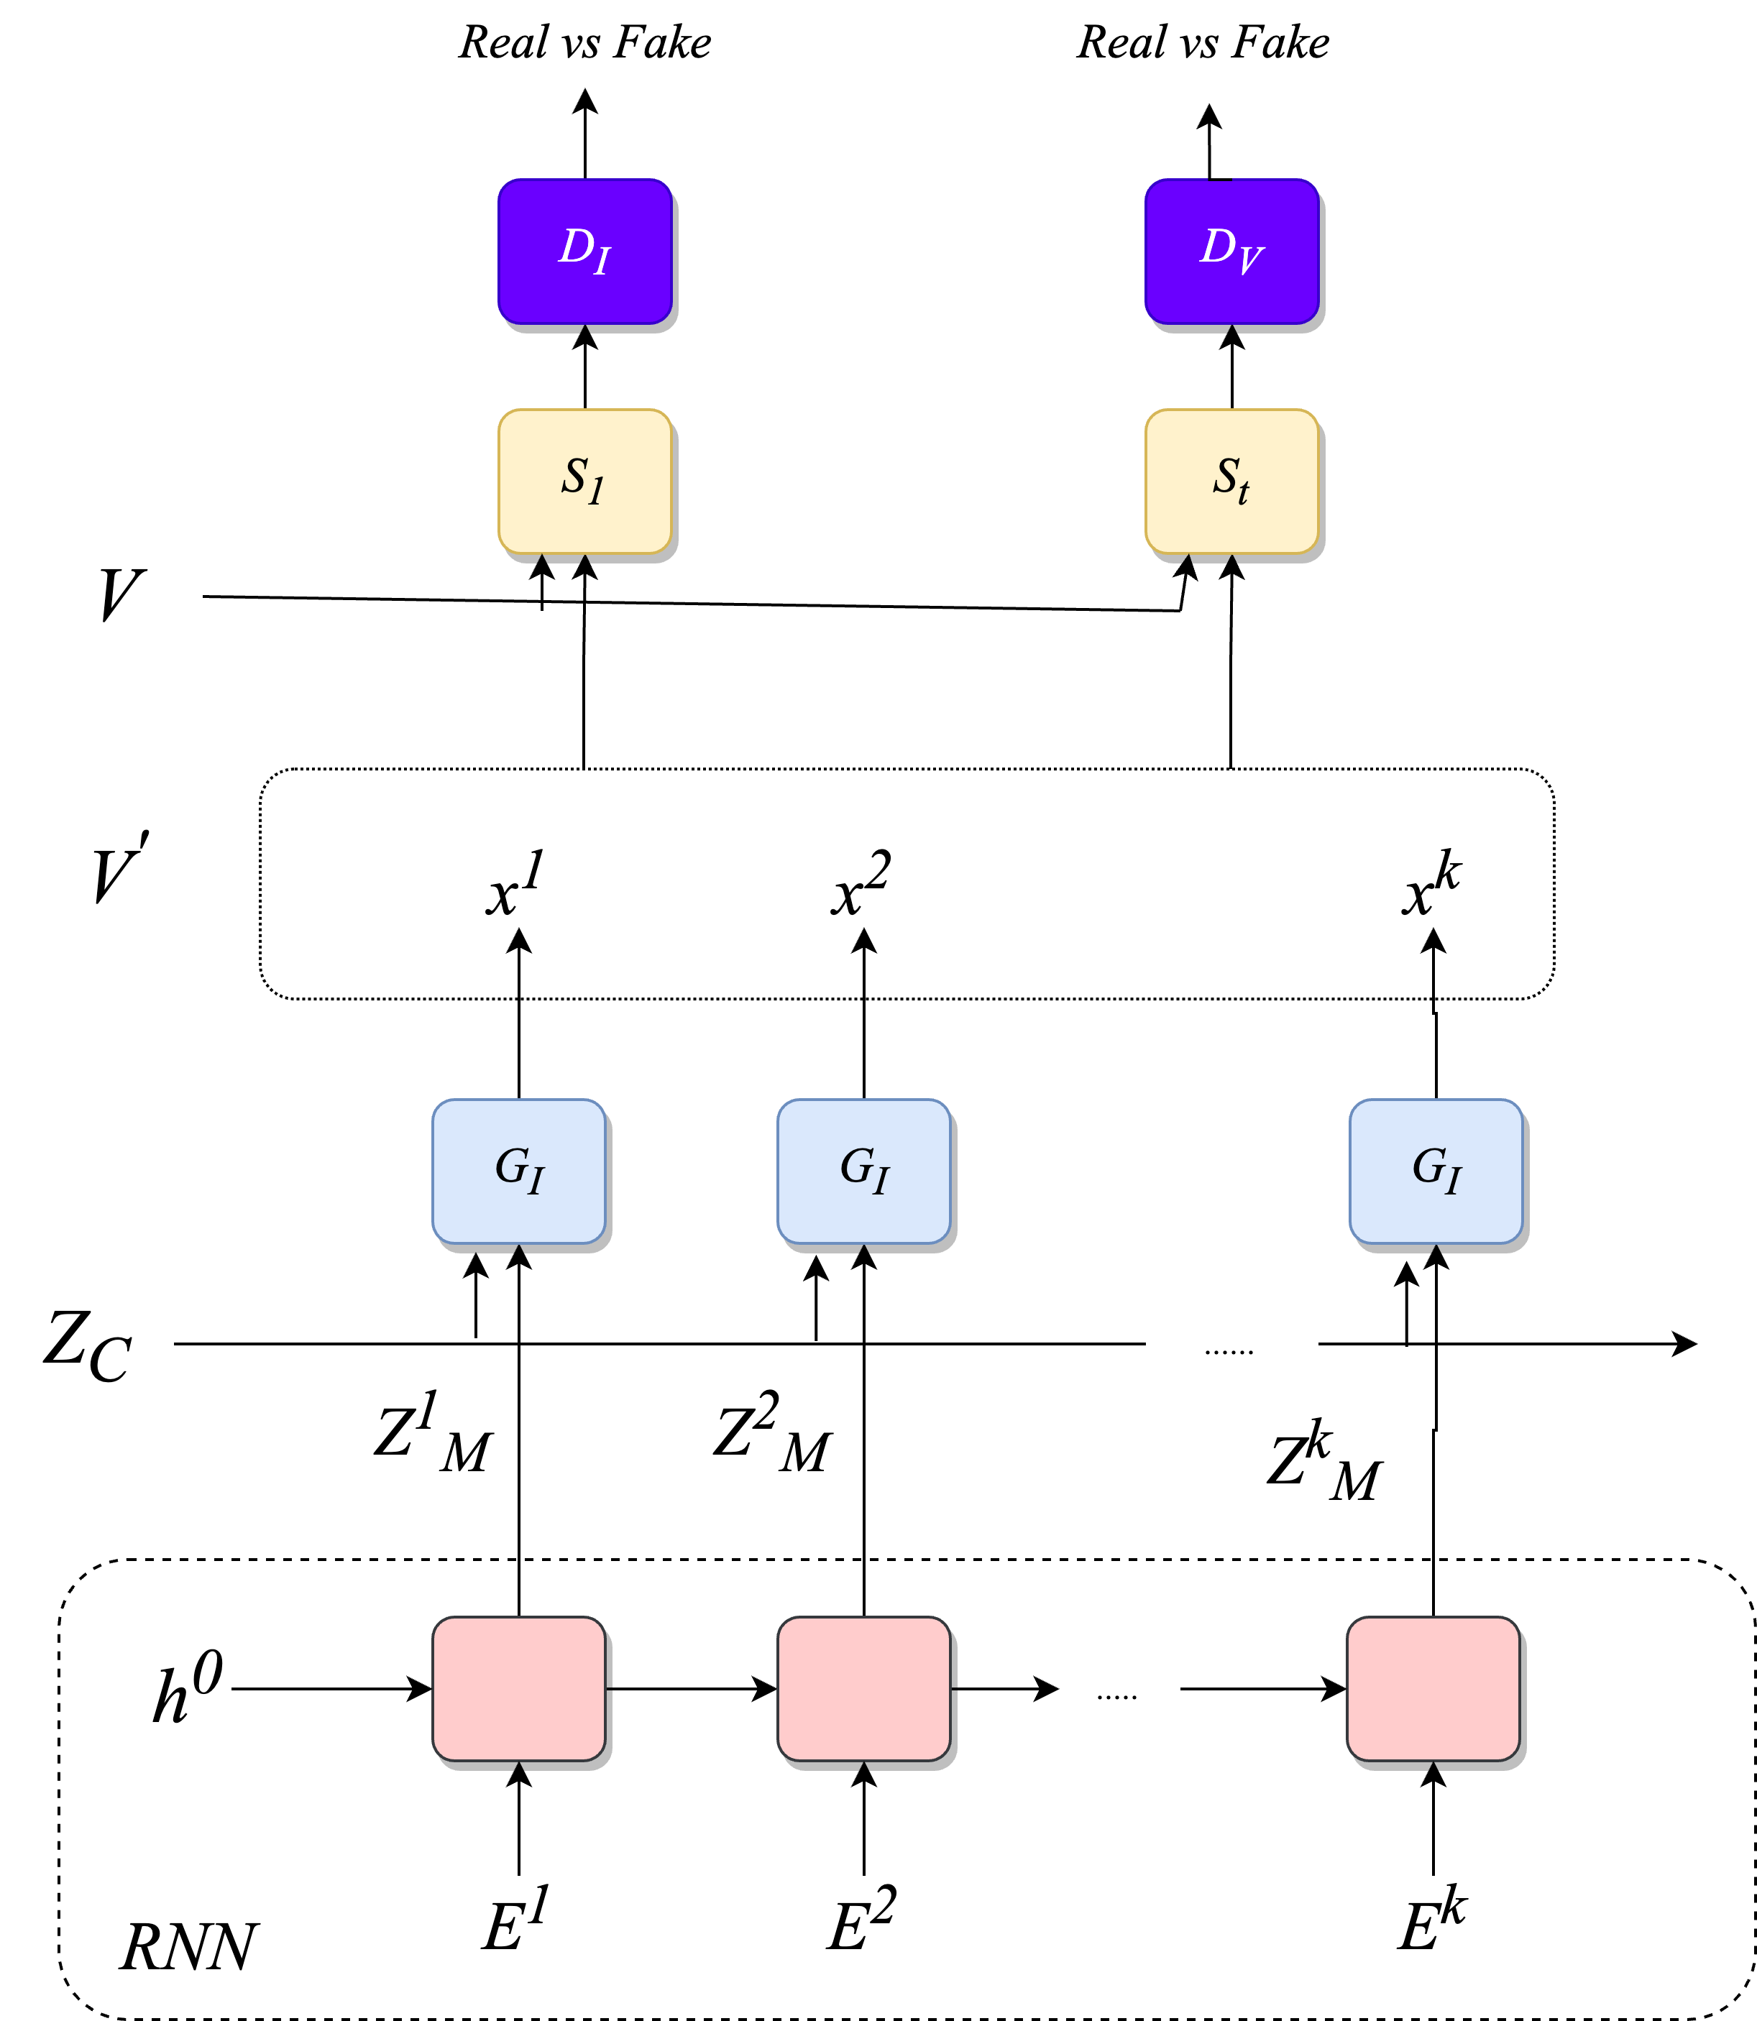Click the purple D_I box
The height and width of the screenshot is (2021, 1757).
pyautogui.click(x=584, y=251)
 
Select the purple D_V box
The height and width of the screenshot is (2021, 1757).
pyautogui.click(x=1231, y=251)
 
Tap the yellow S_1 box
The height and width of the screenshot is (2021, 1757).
pyautogui.click(x=584, y=482)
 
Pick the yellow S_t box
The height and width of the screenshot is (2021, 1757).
pyautogui.click(x=1231, y=482)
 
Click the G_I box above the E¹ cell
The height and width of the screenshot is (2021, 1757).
pyautogui.click(x=518, y=1171)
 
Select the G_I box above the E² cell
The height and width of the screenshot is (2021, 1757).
pyautogui.click(x=864, y=1171)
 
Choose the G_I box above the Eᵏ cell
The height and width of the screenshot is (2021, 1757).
pyautogui.click(x=1436, y=1171)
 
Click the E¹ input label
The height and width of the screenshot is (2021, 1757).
pyautogui.click(x=515, y=1922)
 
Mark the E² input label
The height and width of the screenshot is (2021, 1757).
pyautogui.click(x=861, y=1922)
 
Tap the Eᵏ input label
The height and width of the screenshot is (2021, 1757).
pyautogui.click(x=1431, y=1922)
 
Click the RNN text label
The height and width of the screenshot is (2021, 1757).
pyautogui.click(x=188, y=1946)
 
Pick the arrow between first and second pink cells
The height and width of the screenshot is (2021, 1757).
pyautogui.click(x=692, y=1689)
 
